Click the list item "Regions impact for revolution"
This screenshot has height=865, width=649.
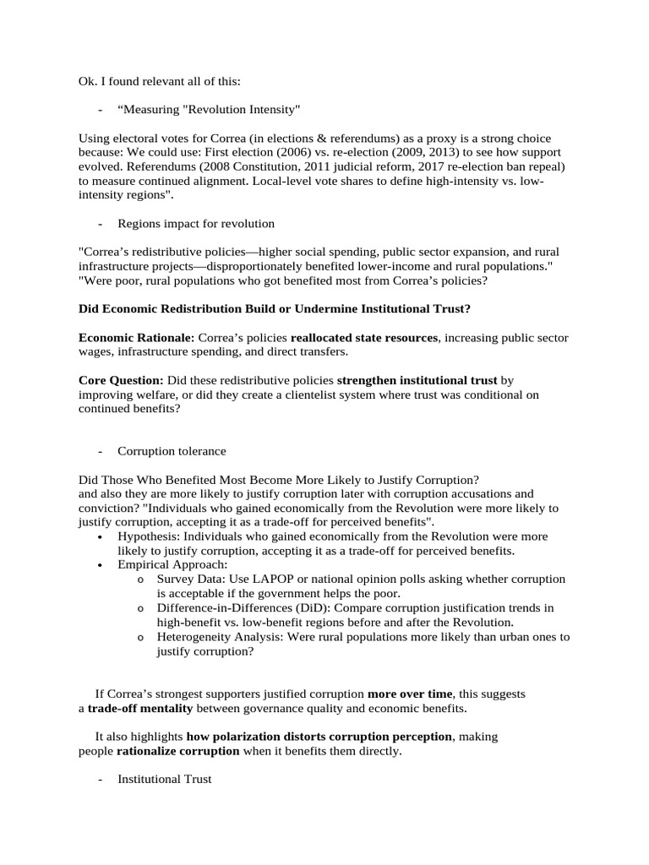tap(196, 224)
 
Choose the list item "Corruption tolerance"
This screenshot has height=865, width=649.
tap(172, 451)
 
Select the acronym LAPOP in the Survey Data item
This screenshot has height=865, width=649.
tap(274, 579)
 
